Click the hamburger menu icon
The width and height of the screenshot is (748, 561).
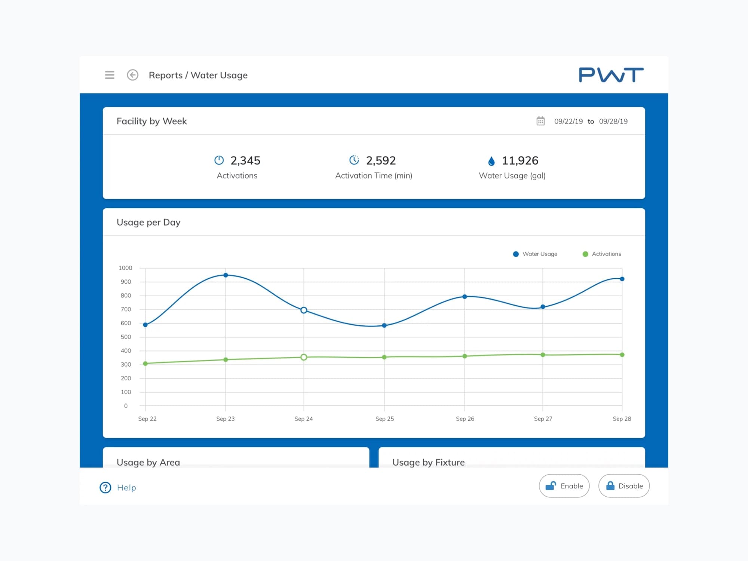(x=110, y=75)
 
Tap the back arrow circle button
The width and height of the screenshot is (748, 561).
(x=132, y=75)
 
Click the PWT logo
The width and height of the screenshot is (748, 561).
(x=611, y=75)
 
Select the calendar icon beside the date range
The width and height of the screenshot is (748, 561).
(x=540, y=121)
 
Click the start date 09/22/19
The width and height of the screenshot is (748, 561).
(x=568, y=122)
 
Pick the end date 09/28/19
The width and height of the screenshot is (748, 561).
(x=613, y=122)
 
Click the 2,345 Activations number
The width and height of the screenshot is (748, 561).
(x=245, y=161)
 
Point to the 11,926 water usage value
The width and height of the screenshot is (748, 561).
(x=519, y=161)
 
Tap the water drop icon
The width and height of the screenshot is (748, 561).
(x=491, y=161)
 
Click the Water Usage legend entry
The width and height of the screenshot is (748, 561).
(x=535, y=254)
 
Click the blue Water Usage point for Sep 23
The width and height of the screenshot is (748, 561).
(x=226, y=275)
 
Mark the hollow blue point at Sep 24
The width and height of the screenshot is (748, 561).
(x=304, y=310)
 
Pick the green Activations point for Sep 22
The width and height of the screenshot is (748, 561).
(x=145, y=364)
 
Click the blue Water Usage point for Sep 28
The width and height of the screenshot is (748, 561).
(x=622, y=279)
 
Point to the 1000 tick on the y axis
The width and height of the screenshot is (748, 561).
(x=125, y=268)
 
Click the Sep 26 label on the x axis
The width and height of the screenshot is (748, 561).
(x=465, y=419)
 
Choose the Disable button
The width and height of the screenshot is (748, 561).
(x=624, y=486)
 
